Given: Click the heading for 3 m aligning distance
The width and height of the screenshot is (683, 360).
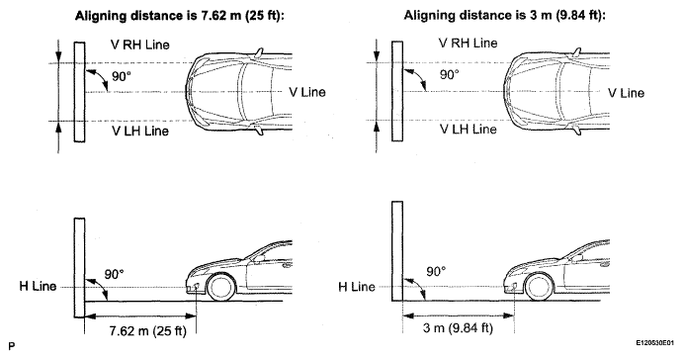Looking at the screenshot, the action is coord(505,16).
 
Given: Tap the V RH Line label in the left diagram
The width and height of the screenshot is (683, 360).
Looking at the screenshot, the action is coord(139,45).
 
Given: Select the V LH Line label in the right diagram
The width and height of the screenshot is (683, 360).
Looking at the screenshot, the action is coord(468,129).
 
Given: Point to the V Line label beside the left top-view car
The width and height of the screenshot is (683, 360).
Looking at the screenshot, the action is coord(307,92).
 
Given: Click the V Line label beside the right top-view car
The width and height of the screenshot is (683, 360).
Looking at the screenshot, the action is coord(626,93).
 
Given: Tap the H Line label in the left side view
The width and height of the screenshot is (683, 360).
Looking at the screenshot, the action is coord(38,286).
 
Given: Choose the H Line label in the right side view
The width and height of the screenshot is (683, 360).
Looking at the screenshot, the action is coord(357,287).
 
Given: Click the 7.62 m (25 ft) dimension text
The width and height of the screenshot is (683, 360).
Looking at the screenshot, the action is coord(147,330).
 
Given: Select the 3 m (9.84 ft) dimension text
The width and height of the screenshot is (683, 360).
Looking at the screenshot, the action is coord(458,327).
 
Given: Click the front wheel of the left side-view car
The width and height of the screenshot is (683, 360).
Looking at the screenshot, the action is coord(221,287).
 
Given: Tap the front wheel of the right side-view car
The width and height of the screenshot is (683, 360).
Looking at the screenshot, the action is coord(540,287).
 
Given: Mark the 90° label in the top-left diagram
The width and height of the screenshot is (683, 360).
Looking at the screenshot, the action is coord(122,76).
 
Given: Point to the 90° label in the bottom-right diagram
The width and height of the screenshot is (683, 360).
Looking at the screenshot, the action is coord(436,272).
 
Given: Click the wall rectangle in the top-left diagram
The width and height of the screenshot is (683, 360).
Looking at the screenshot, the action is coord(79,92).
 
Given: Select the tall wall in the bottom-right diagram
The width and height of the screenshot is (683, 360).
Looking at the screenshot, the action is coord(397,251).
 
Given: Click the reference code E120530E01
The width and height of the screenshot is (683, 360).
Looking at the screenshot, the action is coord(654,343).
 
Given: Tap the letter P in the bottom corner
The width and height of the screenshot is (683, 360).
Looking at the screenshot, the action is coord(11,346).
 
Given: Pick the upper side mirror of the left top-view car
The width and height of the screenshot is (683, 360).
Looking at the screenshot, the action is coord(260,52).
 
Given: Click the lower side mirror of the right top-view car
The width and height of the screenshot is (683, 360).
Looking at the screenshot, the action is coord(576,130).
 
